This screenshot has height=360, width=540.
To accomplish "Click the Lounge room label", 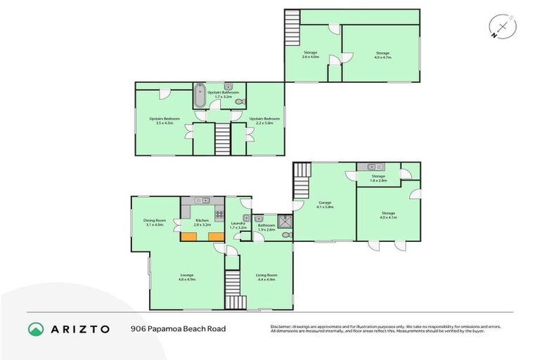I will point(186,276).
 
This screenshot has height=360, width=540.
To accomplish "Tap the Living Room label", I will point(266,276).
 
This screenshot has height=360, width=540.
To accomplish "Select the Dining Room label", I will point(155,223).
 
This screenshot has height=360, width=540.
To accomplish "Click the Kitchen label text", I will point(202,223).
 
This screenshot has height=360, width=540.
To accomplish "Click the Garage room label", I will point(324,205).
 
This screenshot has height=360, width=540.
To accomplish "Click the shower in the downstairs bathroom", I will point(283,221).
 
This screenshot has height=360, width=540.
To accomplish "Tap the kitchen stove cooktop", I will point(219,214).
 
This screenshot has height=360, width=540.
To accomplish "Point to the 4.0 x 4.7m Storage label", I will point(382,55).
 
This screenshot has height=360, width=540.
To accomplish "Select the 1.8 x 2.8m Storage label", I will point(378,179).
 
